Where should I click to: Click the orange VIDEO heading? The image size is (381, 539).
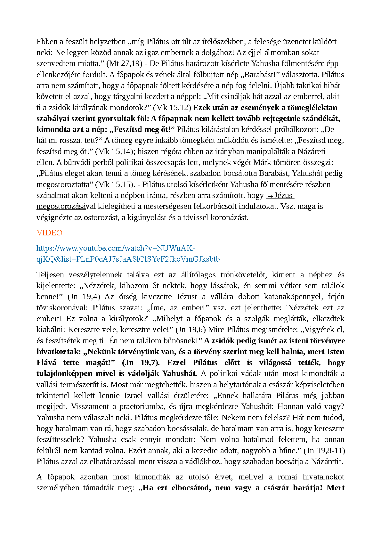[49, 233]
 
